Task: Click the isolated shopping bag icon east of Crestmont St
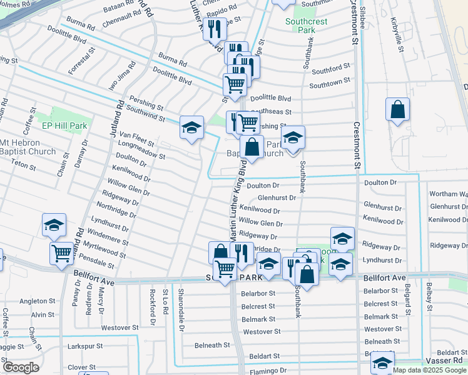397,110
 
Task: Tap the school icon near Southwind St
191,128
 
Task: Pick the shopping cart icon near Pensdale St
61,253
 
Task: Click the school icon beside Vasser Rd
382,362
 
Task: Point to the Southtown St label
329,84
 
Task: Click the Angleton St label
37,301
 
